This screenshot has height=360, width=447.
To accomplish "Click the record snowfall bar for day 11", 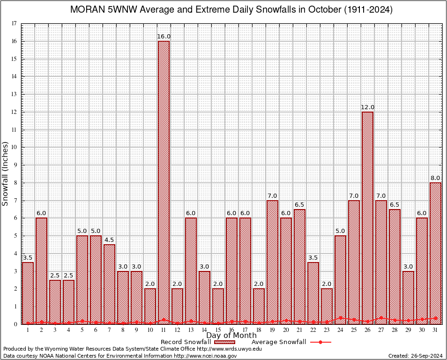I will click(x=164, y=183).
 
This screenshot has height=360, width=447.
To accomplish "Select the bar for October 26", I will click(x=367, y=218).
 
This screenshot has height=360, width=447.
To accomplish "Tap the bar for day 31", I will click(x=435, y=253).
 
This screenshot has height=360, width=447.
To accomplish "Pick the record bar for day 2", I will click(x=41, y=271).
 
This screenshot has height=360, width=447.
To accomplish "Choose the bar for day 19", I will click(x=272, y=262).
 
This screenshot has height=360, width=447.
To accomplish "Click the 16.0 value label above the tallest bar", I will click(x=164, y=37).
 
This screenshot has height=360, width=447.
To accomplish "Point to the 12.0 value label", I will click(x=367, y=107).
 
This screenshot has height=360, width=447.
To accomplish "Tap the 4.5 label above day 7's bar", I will click(x=109, y=240).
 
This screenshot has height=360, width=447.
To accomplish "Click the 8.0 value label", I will click(x=435, y=178).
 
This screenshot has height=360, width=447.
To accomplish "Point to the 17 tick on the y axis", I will click(x=15, y=23).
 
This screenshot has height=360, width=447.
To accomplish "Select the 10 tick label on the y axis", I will click(x=15, y=147).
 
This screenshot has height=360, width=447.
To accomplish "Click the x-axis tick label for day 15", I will click(x=218, y=330).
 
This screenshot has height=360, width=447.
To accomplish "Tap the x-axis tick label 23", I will click(x=327, y=330).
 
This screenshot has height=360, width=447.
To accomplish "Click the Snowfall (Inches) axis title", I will click(x=6, y=173).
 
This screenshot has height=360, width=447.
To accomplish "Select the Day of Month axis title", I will click(x=231, y=336).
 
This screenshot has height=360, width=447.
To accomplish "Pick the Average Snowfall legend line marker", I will click(x=320, y=342).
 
